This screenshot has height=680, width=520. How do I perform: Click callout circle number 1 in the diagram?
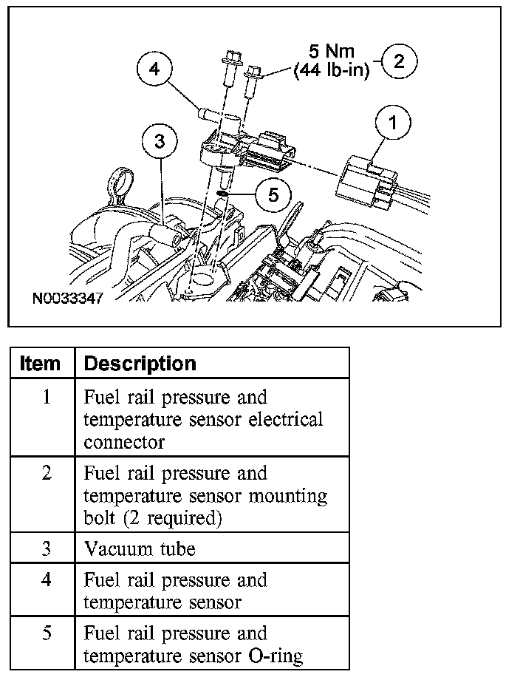[393, 123]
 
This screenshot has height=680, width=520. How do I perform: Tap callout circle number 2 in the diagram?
[399, 61]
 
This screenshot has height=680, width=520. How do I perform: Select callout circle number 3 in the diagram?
[159, 140]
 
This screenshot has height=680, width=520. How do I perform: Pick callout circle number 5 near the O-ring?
[273, 194]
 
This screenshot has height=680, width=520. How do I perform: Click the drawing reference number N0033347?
[66, 300]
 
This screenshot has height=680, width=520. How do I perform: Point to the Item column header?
[41, 364]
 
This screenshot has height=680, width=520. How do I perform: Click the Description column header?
[140, 364]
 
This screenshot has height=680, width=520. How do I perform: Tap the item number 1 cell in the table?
[46, 398]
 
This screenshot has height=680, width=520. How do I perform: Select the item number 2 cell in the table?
[46, 473]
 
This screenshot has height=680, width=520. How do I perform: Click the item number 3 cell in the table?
[46, 549]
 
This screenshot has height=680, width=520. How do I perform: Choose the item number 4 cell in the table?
[46, 580]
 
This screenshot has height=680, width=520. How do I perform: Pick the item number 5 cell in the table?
[46, 633]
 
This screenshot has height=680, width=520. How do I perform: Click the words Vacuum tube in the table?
[140, 549]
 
